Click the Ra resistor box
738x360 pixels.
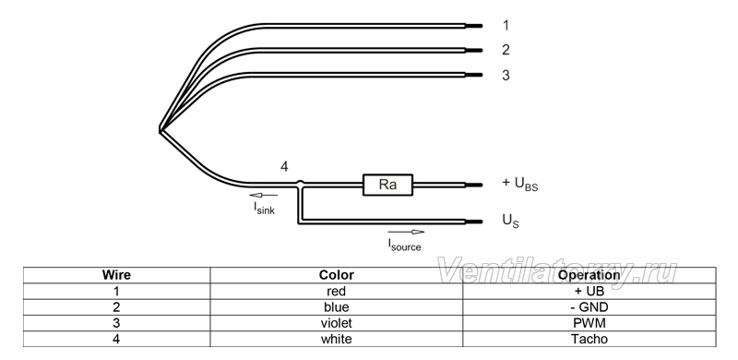pyautogui.click(x=387, y=185)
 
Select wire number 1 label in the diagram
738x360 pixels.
pyautogui.click(x=506, y=26)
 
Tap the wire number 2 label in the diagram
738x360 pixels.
pyautogui.click(x=506, y=50)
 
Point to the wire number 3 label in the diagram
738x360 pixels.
pyautogui.click(x=506, y=76)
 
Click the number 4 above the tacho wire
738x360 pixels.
pyautogui.click(x=284, y=167)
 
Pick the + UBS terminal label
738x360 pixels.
pyautogui.click(x=520, y=184)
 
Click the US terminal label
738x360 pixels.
pyautogui.click(x=511, y=221)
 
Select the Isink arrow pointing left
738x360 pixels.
pyautogui.click(x=264, y=195)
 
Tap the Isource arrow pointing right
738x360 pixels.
pyautogui.click(x=406, y=232)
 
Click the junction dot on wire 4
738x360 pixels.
pyautogui.click(x=300, y=183)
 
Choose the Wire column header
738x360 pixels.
pyautogui.click(x=117, y=275)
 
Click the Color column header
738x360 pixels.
pyautogui.click(x=336, y=275)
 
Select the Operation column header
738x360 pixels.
pyautogui.click(x=589, y=275)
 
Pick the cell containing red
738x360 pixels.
pyautogui.click(x=336, y=291)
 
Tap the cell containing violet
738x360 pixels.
pyautogui.click(x=336, y=323)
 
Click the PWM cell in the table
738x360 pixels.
pyautogui.click(x=589, y=323)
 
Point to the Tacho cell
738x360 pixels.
pyautogui.click(x=589, y=339)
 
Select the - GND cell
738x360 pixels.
pyautogui.click(x=589, y=307)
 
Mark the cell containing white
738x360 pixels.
pyautogui.click(x=336, y=339)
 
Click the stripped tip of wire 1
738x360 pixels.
pyautogui.click(x=474, y=26)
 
